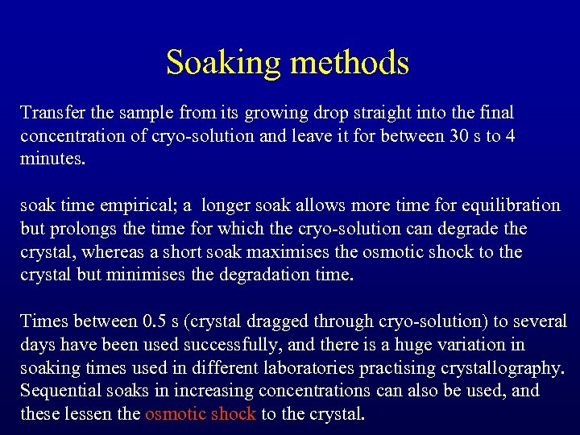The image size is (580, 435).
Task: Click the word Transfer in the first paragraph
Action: pos(50,112)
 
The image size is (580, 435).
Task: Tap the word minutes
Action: pos(52,158)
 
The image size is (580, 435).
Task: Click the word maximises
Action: pos(292,252)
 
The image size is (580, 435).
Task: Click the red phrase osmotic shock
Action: pos(201,414)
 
